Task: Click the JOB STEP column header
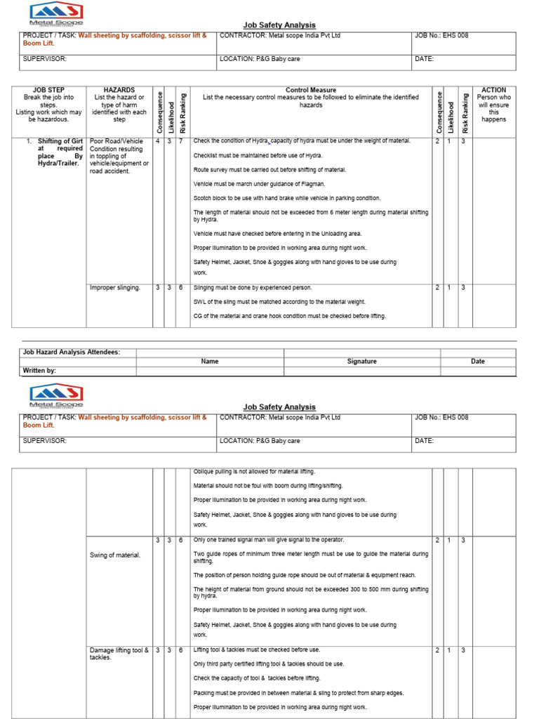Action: point(48,90)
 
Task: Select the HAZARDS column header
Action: point(119,90)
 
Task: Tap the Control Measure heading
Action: point(310,90)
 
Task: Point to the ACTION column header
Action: point(493,90)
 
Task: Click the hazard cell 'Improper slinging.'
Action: point(115,288)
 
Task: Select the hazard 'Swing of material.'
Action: point(115,555)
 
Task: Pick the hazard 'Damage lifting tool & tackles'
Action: point(119,654)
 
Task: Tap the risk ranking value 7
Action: point(181,141)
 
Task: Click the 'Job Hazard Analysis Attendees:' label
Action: point(71,352)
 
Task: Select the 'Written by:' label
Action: point(40,370)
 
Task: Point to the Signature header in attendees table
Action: point(361,362)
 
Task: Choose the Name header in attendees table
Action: point(209,362)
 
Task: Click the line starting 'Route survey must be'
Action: point(269,170)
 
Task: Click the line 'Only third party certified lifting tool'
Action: point(269,664)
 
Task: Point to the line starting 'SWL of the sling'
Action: point(279,302)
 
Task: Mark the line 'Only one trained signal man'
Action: point(269,539)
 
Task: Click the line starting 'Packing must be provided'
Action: point(298,693)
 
